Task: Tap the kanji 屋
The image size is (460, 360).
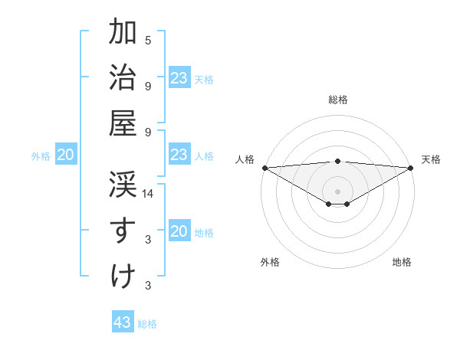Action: click(123, 124)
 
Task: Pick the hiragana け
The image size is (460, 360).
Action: click(123, 276)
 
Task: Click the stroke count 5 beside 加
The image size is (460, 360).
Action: click(148, 40)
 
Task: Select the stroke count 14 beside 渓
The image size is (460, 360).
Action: click(148, 195)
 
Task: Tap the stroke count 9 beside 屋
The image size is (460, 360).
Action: click(148, 132)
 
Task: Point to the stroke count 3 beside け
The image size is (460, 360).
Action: click(148, 286)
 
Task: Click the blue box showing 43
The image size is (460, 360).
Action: click(123, 322)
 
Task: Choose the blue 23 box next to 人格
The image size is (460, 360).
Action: click(179, 155)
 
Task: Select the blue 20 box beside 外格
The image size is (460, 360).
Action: click(65, 155)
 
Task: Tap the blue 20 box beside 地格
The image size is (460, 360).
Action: click(179, 232)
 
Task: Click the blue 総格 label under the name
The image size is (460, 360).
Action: click(147, 324)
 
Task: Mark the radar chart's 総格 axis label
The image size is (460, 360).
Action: click(337, 100)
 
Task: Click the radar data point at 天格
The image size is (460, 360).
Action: click(411, 168)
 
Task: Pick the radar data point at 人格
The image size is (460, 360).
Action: click(264, 168)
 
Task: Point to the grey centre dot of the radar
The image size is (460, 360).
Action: click(337, 190)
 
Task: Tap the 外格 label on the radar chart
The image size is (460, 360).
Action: click(269, 262)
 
